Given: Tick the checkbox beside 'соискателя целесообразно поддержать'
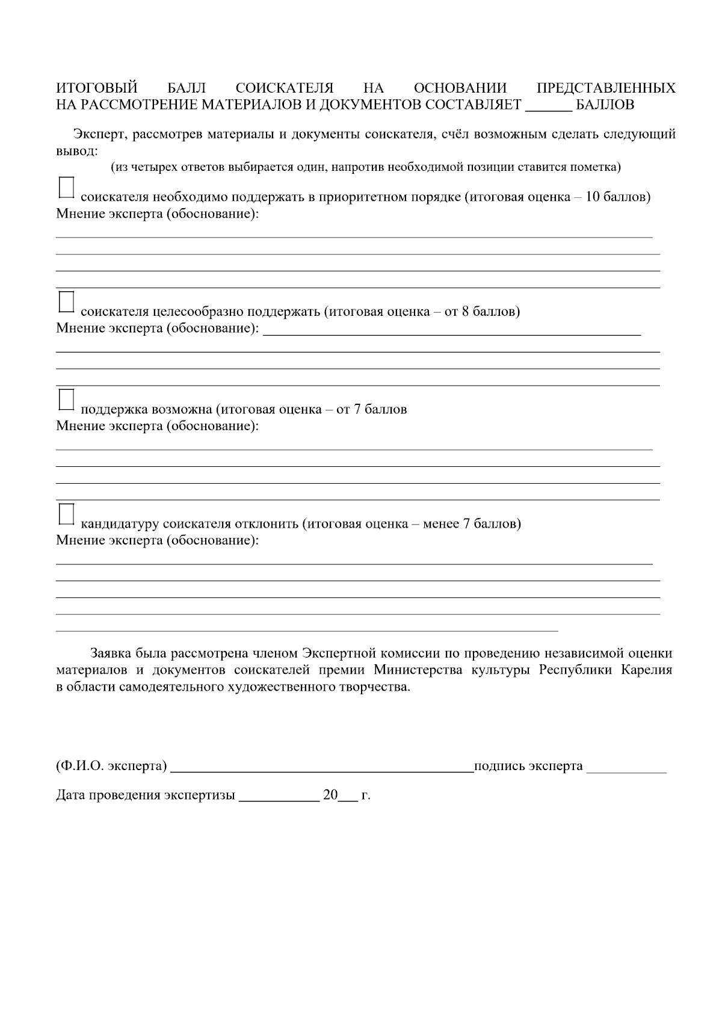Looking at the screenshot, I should pos(66,302).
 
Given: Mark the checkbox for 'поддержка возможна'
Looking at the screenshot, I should pos(66,399).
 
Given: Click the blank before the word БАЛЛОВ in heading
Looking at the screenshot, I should pos(549,106).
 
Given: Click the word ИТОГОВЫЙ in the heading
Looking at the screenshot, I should pos(97,88).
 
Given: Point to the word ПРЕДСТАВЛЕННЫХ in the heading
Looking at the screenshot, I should pos(606,88).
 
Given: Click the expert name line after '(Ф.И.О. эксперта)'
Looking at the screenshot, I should pos(322,767).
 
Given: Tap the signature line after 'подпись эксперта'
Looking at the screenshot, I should pos(626,768).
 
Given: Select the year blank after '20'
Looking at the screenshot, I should pos(348,797).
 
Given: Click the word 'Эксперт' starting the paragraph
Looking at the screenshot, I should pos(97,134).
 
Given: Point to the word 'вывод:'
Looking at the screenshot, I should pos(77,150).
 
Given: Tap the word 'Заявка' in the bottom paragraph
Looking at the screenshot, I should pos(110,653).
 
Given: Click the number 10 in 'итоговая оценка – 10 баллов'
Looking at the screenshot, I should pos(592,197).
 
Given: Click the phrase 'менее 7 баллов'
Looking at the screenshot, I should pos(470,523).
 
